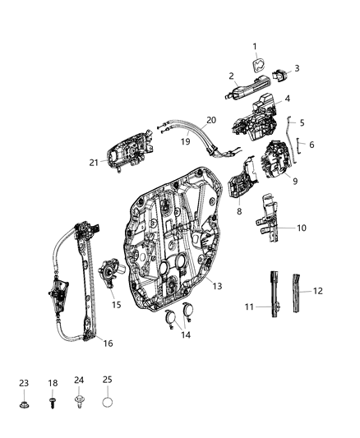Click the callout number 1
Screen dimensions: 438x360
coord(254,46)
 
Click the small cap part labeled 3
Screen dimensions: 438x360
coord(281,73)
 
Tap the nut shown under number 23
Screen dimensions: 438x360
coord(23,405)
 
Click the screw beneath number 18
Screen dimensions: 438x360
coord(52,405)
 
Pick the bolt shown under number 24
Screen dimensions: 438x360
coord(80,405)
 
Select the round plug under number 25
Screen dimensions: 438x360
coord(108,404)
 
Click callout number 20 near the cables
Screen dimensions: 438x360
coord(211,120)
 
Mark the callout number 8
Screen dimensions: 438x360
coord(238,211)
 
